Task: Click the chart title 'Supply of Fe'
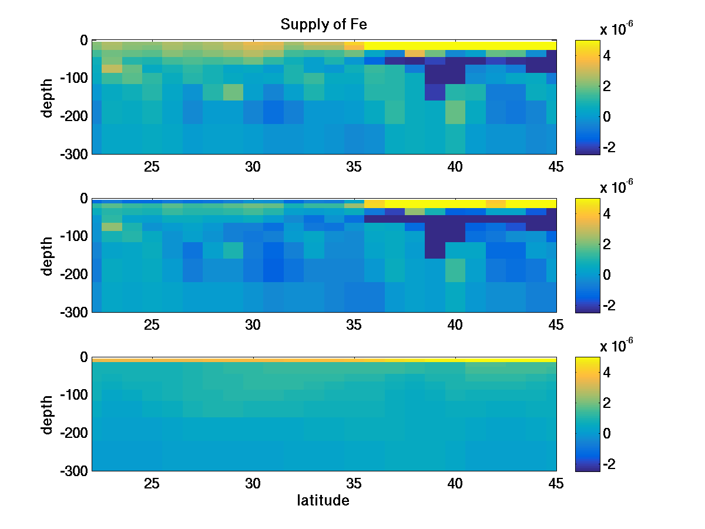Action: pyautogui.click(x=324, y=25)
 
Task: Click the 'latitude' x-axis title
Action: pyautogui.click(x=323, y=501)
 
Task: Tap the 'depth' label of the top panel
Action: pyautogui.click(x=48, y=97)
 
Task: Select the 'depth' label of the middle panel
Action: pyautogui.click(x=48, y=255)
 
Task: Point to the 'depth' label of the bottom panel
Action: pyautogui.click(x=48, y=414)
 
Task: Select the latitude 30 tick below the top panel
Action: pyautogui.click(x=253, y=167)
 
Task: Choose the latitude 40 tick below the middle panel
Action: pyautogui.click(x=455, y=325)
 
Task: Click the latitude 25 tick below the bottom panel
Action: pyautogui.click(x=152, y=484)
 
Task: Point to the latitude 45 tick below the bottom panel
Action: pyautogui.click(x=555, y=484)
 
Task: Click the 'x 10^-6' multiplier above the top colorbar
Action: pyautogui.click(x=616, y=28)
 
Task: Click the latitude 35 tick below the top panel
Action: pyautogui.click(x=354, y=167)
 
